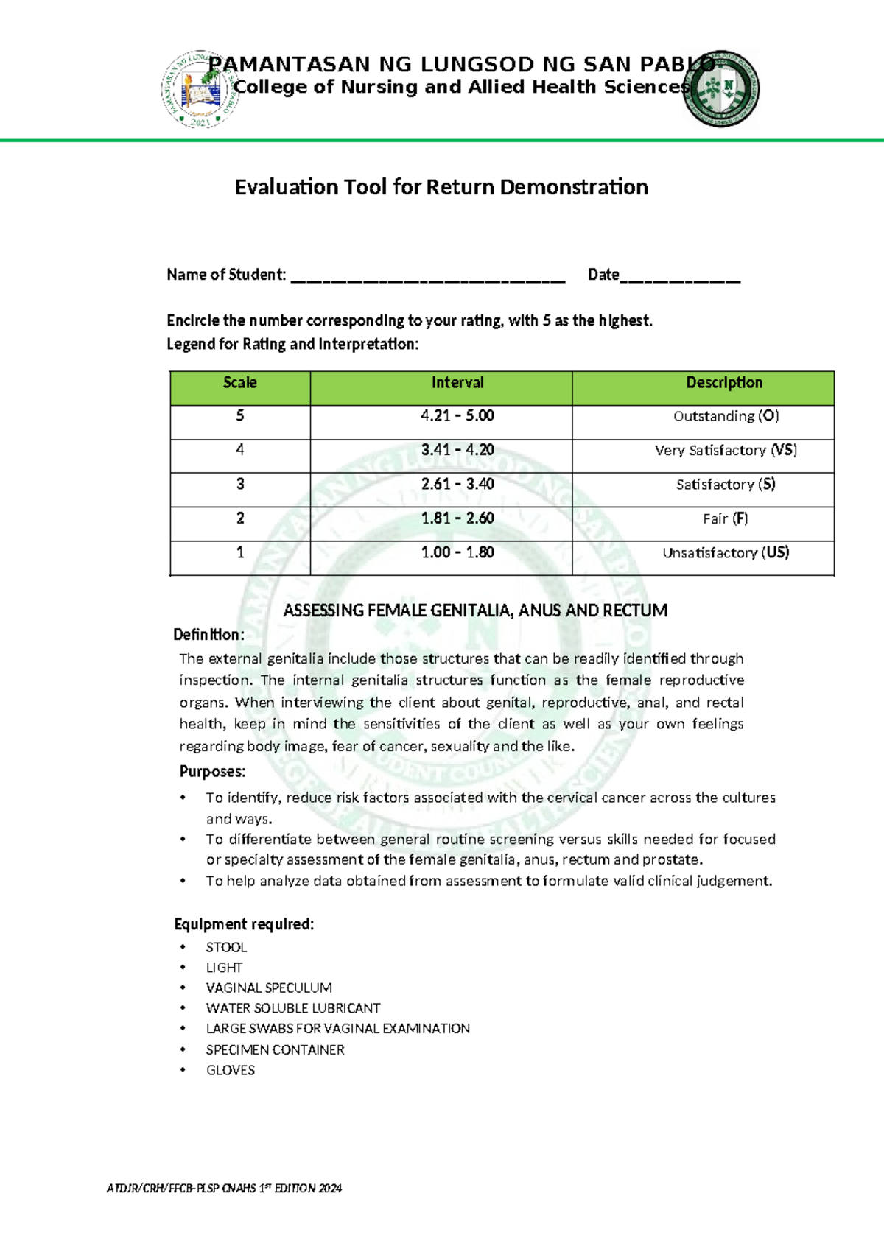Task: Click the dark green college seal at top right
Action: coord(720,88)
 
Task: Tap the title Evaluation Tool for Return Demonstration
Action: coord(441,187)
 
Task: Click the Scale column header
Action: coord(240,383)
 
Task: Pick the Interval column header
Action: coord(457,383)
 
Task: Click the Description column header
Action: coord(724,383)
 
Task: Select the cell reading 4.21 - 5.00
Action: coord(457,416)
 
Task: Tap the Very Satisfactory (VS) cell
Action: coord(726,450)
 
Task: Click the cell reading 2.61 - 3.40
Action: coord(457,485)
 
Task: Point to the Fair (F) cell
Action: coord(726,518)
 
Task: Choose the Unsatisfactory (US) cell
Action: coord(726,553)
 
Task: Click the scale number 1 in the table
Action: coord(240,553)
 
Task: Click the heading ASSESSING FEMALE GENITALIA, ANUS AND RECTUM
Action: coord(475,611)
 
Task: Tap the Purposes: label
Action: coord(212,772)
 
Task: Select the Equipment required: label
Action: coord(244,924)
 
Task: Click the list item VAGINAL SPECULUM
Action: coord(269,988)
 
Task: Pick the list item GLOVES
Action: coord(231,1070)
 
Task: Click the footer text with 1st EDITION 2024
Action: coord(224,1188)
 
